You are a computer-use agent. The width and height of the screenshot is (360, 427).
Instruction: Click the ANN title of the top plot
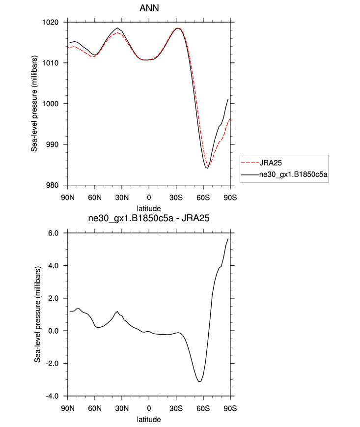click(x=149, y=8)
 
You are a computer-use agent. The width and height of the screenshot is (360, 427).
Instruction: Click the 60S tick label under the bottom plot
click(x=203, y=408)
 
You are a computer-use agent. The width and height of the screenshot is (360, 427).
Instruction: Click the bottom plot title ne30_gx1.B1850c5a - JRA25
click(x=149, y=219)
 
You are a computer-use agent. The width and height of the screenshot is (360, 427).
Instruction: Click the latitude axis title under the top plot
click(x=149, y=208)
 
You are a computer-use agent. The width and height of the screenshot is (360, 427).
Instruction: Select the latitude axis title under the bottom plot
click(x=149, y=419)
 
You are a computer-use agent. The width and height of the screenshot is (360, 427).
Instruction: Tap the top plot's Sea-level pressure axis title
click(x=34, y=104)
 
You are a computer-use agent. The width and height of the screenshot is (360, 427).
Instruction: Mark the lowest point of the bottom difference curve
click(x=199, y=382)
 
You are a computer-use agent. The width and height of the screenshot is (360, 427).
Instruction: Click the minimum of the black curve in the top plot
click(x=207, y=168)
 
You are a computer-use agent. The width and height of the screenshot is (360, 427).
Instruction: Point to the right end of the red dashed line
click(x=230, y=119)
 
